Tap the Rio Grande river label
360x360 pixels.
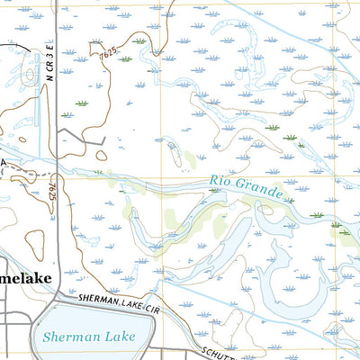pyautogui.click(x=247, y=186)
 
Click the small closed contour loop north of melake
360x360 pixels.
pyautogui.click(x=34, y=240)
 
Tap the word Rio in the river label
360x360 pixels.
pyautogui.click(x=221, y=181)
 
